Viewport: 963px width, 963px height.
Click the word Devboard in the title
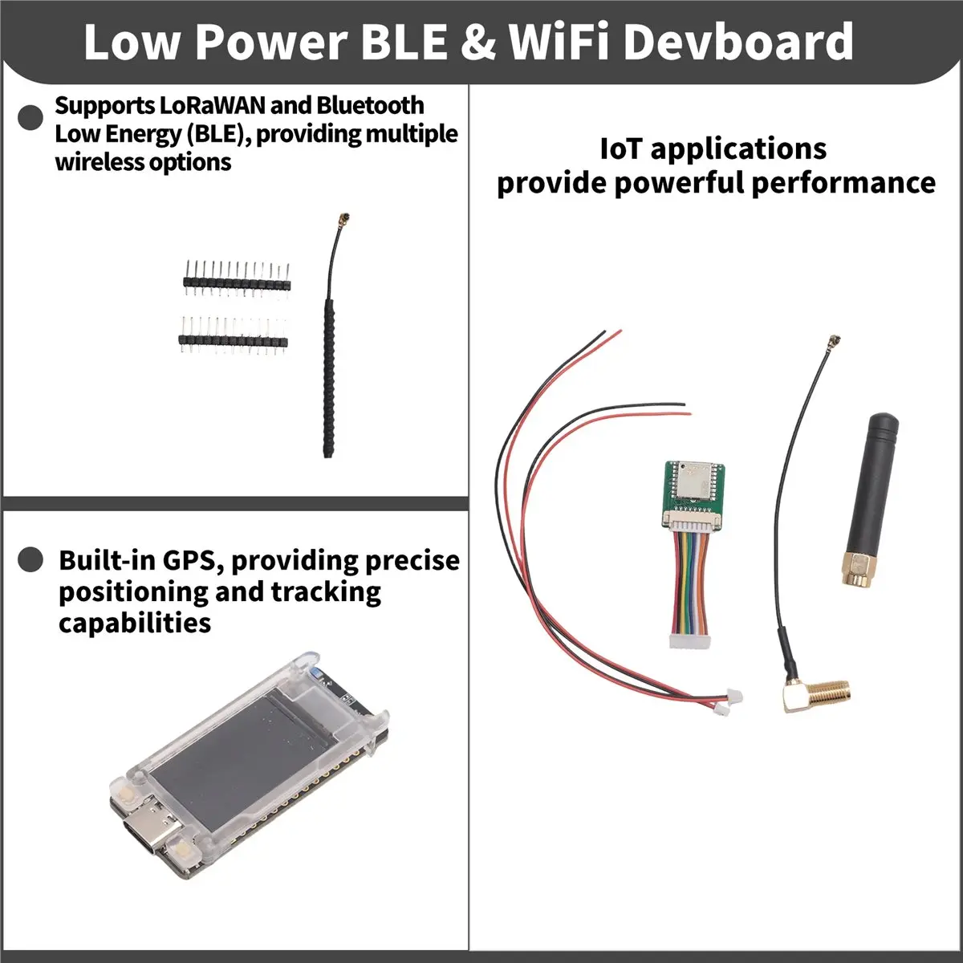tap(738, 42)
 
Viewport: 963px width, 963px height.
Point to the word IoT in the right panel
tap(621, 148)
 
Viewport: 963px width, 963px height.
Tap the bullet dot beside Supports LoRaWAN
tap(30, 117)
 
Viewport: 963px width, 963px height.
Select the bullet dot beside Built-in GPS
tap(30, 559)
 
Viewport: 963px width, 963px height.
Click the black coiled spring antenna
tap(331, 377)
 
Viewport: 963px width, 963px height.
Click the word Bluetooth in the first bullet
tap(370, 105)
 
